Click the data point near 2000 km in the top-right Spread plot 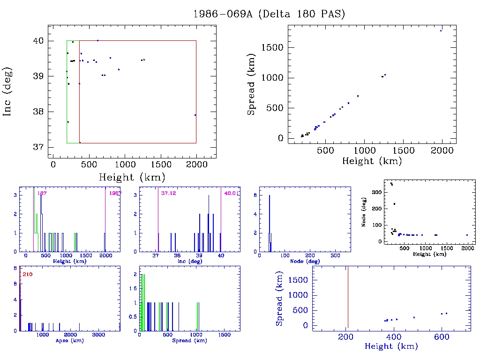(x=441, y=30)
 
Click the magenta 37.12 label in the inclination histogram (x=168, y=193)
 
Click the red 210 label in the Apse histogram (x=28, y=274)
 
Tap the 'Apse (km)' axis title (x=69, y=340)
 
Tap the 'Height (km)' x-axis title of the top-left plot (x=132, y=177)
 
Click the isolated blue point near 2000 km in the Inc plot (x=195, y=115)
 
